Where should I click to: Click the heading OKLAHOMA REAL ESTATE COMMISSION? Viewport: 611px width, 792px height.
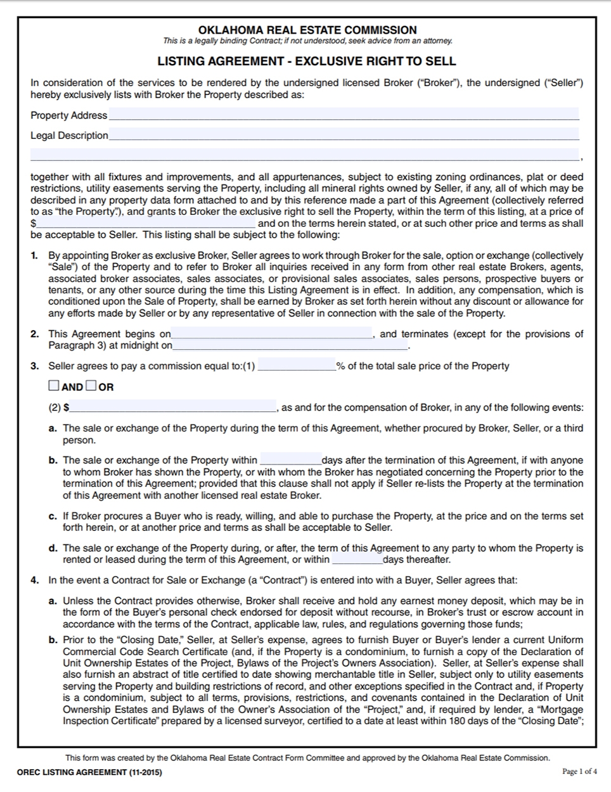coord(307,30)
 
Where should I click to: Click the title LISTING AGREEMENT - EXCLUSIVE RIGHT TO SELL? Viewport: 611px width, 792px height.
coord(307,61)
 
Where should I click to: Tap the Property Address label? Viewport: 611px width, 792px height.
coord(68,115)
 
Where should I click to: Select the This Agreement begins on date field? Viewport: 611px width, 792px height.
coord(271,334)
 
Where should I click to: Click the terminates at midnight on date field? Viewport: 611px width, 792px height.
coord(290,345)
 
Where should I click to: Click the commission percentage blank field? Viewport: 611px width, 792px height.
coord(297,366)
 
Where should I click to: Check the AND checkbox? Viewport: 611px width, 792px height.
coord(55,386)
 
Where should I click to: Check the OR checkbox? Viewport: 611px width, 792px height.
coord(91,386)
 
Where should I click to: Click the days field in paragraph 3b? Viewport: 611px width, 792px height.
coord(290,461)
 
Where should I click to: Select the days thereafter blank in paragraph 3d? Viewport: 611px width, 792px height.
coord(357,559)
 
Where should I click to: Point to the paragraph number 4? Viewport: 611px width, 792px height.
coord(34,580)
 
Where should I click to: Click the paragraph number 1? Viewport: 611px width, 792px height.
coord(34,256)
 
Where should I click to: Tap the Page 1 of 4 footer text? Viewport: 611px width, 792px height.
coord(579,771)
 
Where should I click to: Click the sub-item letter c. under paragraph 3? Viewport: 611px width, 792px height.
coord(53,516)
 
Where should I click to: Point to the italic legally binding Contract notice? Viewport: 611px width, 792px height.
coord(307,41)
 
